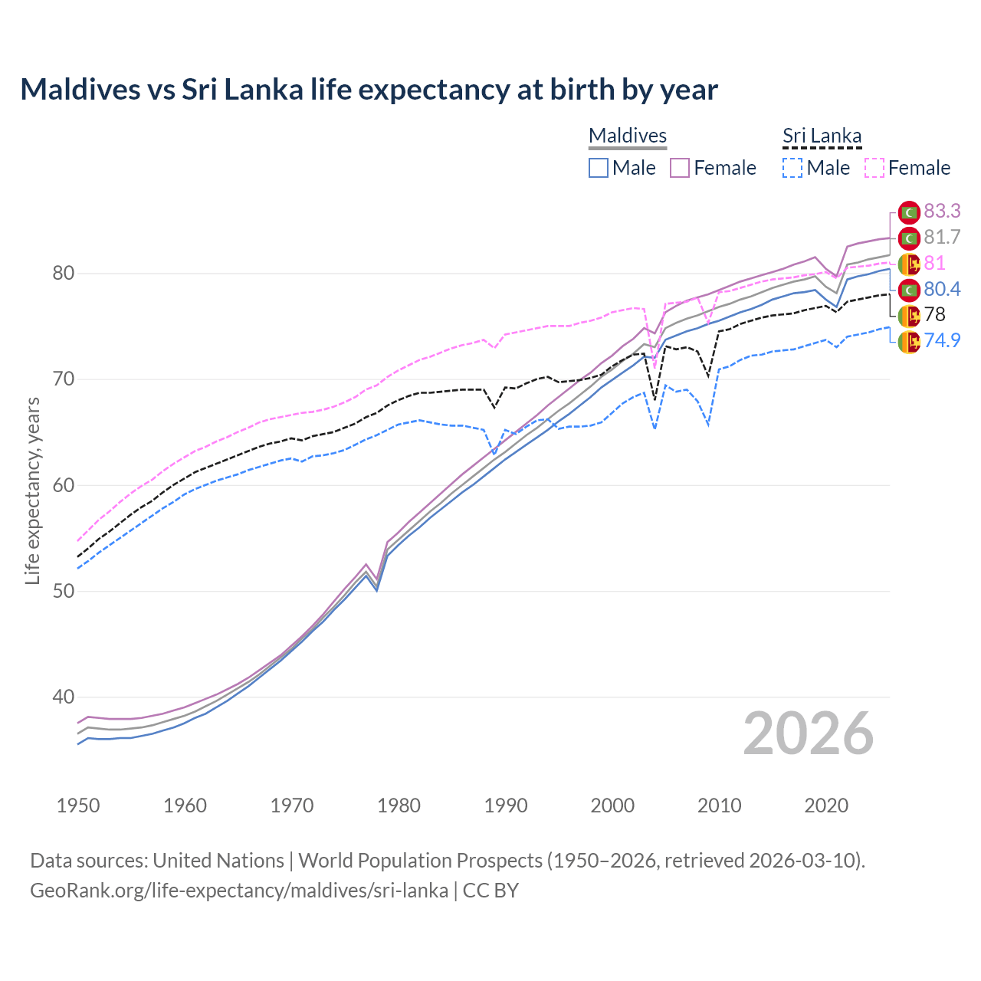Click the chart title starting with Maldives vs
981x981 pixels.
(369, 90)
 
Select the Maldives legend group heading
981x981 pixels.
(628, 136)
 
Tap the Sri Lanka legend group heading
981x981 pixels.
(822, 136)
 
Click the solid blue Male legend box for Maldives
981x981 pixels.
(599, 168)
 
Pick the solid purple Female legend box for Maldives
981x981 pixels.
(680, 168)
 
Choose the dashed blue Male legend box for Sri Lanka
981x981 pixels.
(792, 168)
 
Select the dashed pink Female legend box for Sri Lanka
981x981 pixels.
(874, 168)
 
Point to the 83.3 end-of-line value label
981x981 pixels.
(942, 211)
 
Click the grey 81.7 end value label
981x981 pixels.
(942, 238)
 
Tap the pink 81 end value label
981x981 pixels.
(934, 263)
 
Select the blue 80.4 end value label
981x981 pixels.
(942, 289)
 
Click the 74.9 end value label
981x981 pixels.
(942, 340)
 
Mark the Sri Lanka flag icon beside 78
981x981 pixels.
(909, 315)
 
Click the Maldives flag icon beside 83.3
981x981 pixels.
(909, 212)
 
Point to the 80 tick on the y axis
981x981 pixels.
(64, 274)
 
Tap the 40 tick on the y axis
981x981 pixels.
(64, 697)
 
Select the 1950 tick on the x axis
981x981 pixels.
(78, 805)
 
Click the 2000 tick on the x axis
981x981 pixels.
(612, 805)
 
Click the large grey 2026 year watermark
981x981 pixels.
(809, 733)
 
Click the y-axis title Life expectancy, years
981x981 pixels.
(32, 490)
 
